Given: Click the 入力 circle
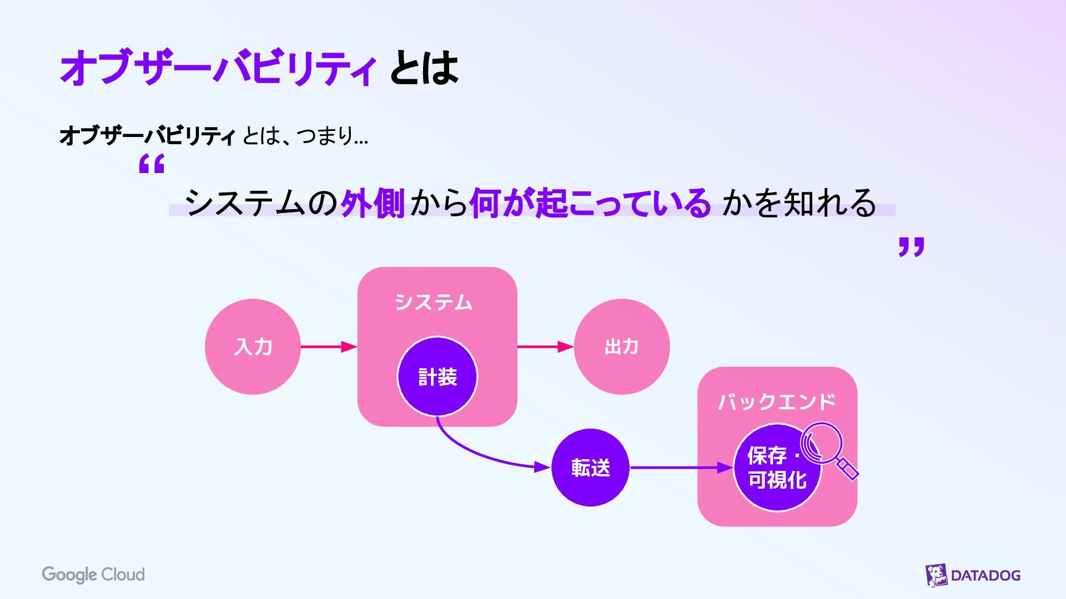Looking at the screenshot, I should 253,347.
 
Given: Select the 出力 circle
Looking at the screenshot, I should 621,347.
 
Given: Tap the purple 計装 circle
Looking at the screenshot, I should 437,377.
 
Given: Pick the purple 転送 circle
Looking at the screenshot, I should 590,468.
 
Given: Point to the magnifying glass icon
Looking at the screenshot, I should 826,447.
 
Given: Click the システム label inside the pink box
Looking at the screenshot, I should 434,302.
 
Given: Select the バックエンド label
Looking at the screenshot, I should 777,402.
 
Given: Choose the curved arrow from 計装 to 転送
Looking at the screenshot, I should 477,452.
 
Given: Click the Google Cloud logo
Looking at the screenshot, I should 93,575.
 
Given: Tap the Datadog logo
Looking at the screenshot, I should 973,575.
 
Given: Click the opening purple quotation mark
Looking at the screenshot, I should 152,164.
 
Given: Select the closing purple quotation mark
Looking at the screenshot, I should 911,247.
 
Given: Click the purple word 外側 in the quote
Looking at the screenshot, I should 373,203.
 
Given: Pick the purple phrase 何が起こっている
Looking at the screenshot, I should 590,203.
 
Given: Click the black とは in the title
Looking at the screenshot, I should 424,68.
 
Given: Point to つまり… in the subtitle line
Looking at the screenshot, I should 332,135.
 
